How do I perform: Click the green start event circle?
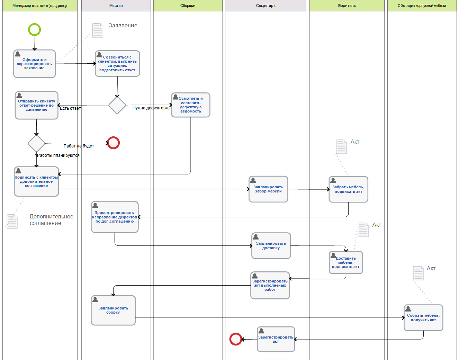pos(34,30)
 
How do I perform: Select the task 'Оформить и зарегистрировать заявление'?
pos(34,64)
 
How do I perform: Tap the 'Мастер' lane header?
pos(116,6)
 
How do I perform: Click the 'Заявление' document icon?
pos(98,30)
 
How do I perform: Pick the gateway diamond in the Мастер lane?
pos(117,105)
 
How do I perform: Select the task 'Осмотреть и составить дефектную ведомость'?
pos(190,105)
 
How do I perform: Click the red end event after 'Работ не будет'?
pos(113,143)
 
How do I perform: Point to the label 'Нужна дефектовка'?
pos(151,108)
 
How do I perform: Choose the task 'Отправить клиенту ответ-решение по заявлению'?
pos(36,106)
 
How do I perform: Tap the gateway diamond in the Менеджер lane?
pos(36,143)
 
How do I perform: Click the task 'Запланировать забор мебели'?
pos(268,189)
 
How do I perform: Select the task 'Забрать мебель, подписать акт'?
pos(348,189)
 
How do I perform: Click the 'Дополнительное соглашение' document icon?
pos(12,222)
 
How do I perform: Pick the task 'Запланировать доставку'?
pos(271,246)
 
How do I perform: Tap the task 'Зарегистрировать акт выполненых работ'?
pos(270,286)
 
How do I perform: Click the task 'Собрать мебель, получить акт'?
pos(423,318)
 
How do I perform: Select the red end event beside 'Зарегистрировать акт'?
pos(236,339)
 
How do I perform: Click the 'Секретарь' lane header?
pos(266,6)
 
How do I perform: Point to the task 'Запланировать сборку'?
pos(113,310)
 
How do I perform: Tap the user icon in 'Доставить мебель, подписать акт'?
pos(333,255)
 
